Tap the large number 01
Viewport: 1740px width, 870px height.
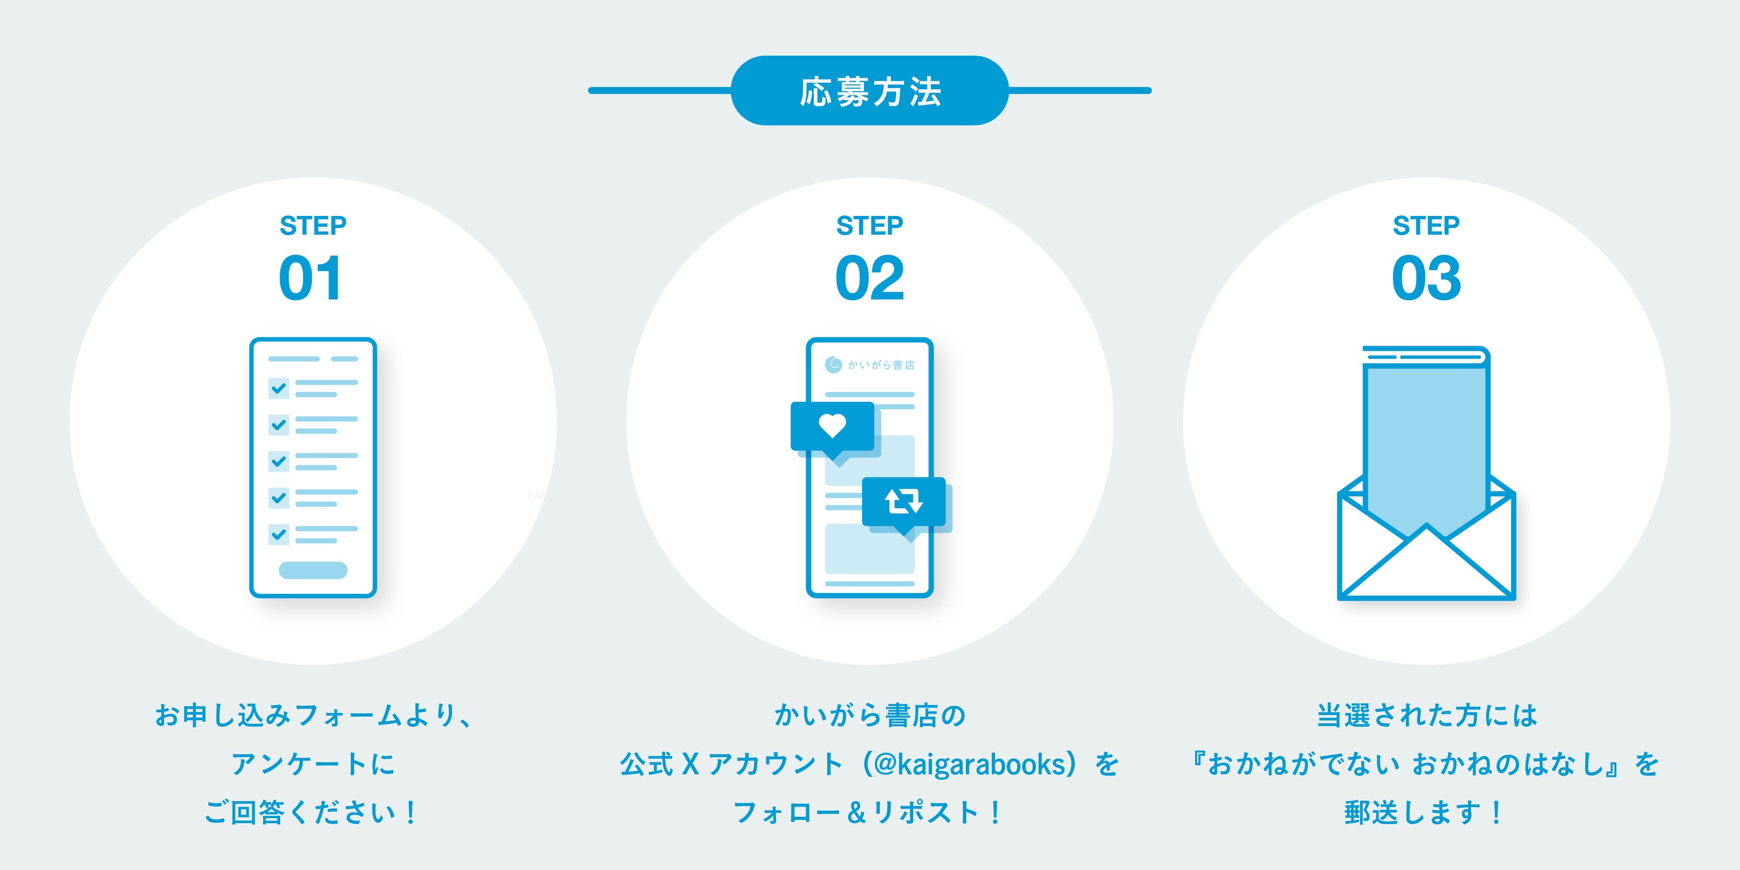311,278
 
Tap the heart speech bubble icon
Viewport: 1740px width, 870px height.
832,427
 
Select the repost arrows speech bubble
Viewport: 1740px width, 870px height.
904,502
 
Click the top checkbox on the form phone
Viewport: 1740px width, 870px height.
278,389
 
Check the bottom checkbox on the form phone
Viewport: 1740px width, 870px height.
278,534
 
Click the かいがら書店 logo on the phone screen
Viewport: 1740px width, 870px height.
870,365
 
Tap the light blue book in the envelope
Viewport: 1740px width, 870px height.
1425,439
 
